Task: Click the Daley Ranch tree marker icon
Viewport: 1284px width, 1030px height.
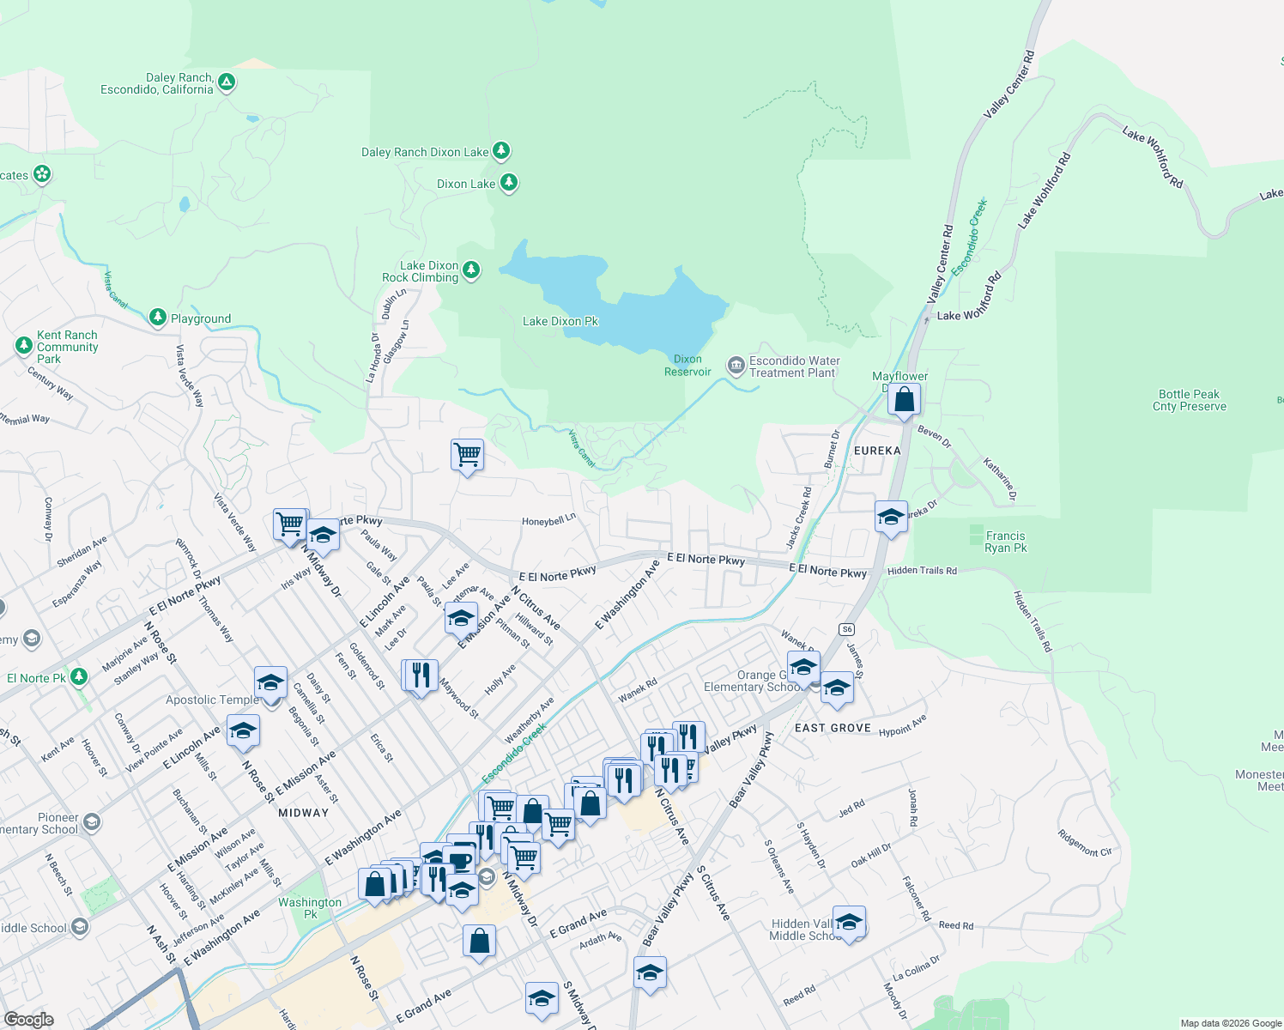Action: pyautogui.click(x=227, y=82)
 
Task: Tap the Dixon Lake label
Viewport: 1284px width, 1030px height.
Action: pyautogui.click(x=466, y=184)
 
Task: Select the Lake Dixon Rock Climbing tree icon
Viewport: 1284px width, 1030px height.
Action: pyautogui.click(x=470, y=271)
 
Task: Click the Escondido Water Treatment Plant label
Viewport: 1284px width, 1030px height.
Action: pyautogui.click(x=794, y=367)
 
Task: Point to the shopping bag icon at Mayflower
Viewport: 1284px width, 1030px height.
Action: pyautogui.click(x=904, y=400)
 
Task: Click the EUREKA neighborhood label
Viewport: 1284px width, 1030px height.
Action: pyautogui.click(x=877, y=451)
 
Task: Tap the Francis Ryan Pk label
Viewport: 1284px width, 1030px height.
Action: pyautogui.click(x=1005, y=542)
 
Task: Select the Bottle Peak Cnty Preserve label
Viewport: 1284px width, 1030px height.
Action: pyautogui.click(x=1189, y=400)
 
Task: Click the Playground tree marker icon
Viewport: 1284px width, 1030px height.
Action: pyautogui.click(x=157, y=318)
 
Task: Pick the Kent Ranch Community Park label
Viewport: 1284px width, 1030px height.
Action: pyautogui.click(x=67, y=347)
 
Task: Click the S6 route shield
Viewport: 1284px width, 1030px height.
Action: pyautogui.click(x=847, y=629)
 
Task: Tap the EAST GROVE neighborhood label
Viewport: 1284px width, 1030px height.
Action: pyautogui.click(x=833, y=728)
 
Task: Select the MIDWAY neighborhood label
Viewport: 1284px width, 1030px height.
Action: pyautogui.click(x=303, y=812)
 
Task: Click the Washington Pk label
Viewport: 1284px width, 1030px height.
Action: pyautogui.click(x=310, y=907)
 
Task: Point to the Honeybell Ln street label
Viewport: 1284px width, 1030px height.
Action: pyautogui.click(x=548, y=521)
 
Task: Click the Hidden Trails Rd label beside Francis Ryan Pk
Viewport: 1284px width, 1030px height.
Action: pyautogui.click(x=922, y=571)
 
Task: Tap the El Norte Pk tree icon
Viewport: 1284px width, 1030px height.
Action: pyautogui.click(x=79, y=677)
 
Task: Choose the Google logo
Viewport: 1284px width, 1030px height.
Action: pyautogui.click(x=29, y=1020)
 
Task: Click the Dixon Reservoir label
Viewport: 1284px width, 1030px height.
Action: pyautogui.click(x=687, y=366)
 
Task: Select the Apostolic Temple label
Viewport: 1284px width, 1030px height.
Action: pyautogui.click(x=212, y=700)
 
